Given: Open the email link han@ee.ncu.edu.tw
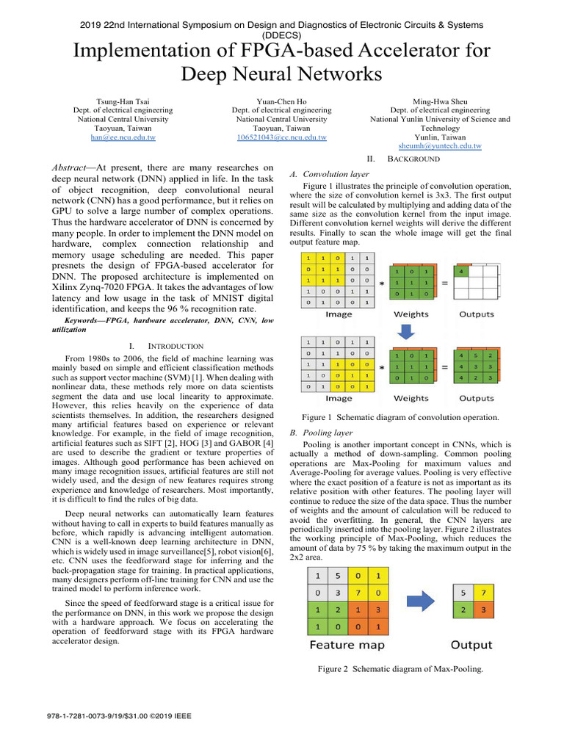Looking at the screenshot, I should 123,137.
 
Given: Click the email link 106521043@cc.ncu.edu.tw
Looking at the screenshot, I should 281,137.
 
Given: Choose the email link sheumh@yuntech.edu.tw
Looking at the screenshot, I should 440,146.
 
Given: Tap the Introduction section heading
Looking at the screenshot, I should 176,345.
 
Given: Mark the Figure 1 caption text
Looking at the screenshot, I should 400,417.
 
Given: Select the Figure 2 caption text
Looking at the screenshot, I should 400,669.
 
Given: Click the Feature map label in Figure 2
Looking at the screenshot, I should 347,645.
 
